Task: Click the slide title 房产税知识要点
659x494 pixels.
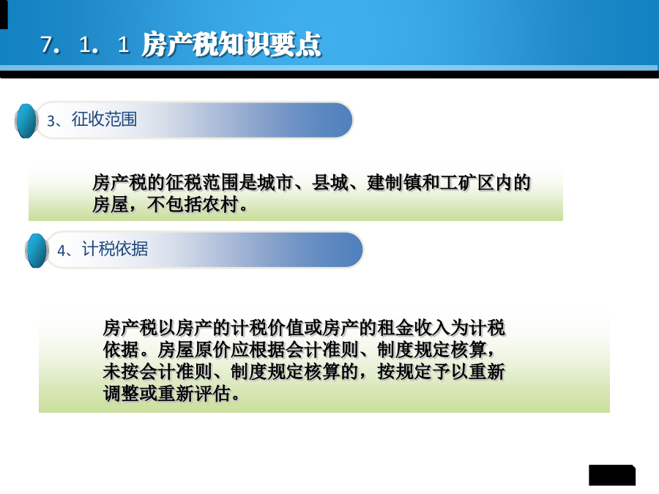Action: pyautogui.click(x=231, y=44)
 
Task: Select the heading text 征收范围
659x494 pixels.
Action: pyautogui.click(x=104, y=119)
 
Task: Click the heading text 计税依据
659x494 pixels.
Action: pyautogui.click(x=115, y=249)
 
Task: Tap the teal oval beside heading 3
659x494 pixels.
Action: pyautogui.click(x=26, y=121)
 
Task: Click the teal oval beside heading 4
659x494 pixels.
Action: pyautogui.click(x=37, y=250)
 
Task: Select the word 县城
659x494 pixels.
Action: pyautogui.click(x=330, y=183)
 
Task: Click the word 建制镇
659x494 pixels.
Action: pyautogui.click(x=394, y=183)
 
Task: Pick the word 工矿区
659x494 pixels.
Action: pyautogui.click(x=467, y=183)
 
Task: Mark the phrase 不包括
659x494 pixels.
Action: pyautogui.click(x=174, y=205)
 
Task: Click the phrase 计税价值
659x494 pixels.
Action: pyautogui.click(x=268, y=328)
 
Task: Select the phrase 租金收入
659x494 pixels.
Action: pyautogui.click(x=414, y=328)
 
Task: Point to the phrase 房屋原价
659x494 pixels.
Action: pyautogui.click(x=195, y=350)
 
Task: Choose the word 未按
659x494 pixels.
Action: pyautogui.click(x=122, y=371)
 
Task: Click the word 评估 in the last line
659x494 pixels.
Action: pyautogui.click(x=212, y=394)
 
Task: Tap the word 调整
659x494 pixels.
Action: pyautogui.click(x=122, y=394)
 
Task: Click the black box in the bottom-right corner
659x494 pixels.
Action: pyautogui.click(x=612, y=475)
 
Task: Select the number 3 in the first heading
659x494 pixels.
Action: pyautogui.click(x=51, y=121)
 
